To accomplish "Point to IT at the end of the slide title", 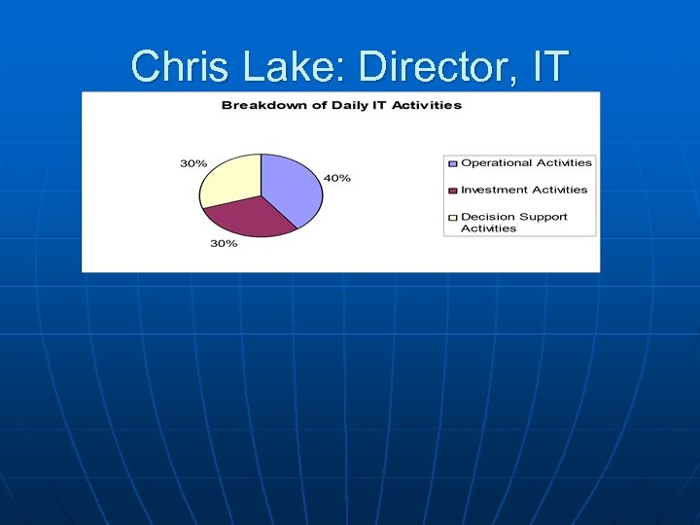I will pyautogui.click(x=548, y=67).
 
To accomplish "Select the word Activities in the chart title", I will pyautogui.click(x=429, y=105).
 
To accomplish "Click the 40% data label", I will pyautogui.click(x=337, y=179).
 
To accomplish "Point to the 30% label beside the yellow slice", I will pyautogui.click(x=192, y=163).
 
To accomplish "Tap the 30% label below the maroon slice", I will pyautogui.click(x=224, y=243).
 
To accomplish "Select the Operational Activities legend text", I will pyautogui.click(x=526, y=163).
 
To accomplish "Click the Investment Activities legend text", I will pyautogui.click(x=524, y=191).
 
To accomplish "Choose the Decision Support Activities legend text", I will pyautogui.click(x=514, y=223).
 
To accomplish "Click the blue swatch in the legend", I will pyautogui.click(x=452, y=163).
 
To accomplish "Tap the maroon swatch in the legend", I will pyautogui.click(x=452, y=191).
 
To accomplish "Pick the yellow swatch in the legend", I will pyautogui.click(x=452, y=218).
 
